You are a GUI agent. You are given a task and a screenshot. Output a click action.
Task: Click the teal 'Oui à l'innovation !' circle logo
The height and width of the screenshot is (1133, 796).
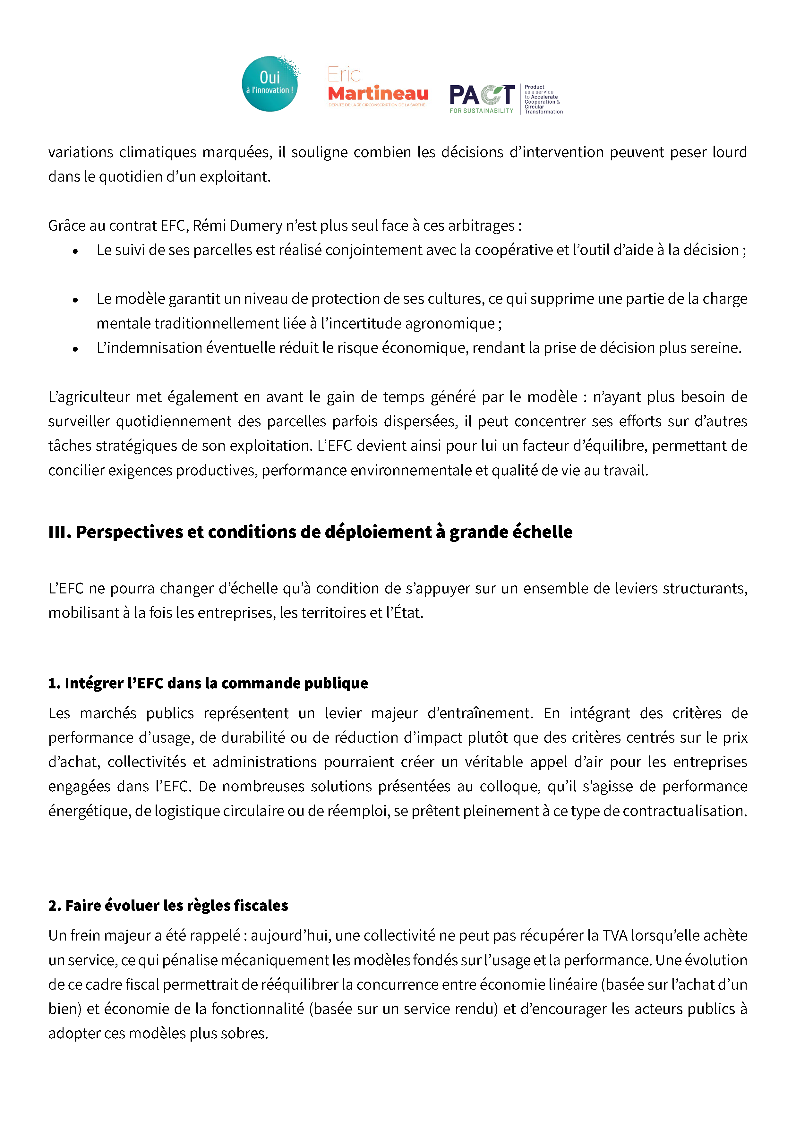coord(270,84)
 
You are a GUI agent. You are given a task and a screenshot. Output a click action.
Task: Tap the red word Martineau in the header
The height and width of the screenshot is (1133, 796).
coord(378,93)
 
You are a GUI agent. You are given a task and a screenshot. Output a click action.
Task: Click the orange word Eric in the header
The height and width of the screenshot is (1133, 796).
coord(344,75)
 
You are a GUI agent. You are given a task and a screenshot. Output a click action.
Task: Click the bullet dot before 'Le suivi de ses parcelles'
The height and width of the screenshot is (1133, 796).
coord(75,251)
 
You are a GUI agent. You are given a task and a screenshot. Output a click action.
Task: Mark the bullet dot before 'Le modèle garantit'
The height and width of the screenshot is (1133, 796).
coord(75,300)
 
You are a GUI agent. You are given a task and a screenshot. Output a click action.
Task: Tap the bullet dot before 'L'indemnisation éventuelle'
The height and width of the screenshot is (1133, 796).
coord(75,349)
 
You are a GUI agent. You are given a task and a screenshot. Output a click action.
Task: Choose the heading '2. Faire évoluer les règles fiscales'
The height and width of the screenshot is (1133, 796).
coord(168,906)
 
